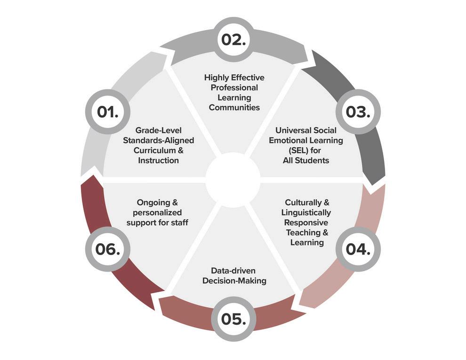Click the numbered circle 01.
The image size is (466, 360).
tap(107, 112)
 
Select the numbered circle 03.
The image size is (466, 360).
tap(358, 112)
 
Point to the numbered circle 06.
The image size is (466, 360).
tap(107, 248)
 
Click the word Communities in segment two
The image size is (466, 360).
tap(234, 108)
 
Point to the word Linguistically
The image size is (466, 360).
tap(306, 213)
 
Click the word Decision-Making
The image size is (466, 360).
tap(234, 281)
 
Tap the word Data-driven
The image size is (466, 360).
tap(234, 271)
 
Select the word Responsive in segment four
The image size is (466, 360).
tap(306, 223)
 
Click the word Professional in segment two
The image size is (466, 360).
tap(234, 88)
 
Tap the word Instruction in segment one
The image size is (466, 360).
tap(158, 160)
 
